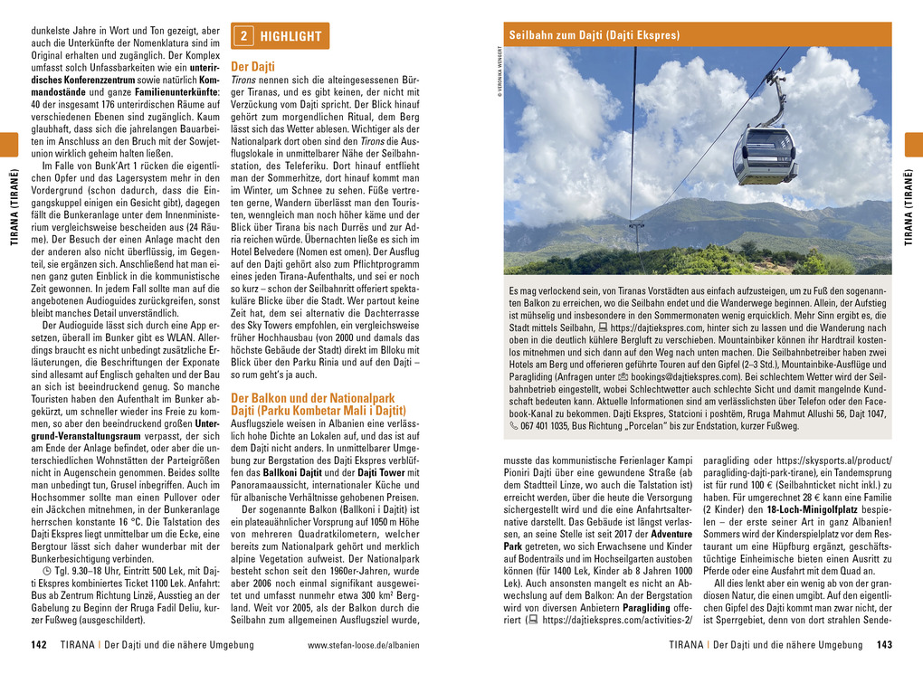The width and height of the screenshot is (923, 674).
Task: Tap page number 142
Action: coord(38,645)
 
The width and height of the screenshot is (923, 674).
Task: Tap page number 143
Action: coord(884,645)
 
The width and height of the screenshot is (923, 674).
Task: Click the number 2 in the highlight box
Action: coord(243,36)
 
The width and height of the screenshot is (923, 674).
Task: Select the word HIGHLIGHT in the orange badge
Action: coord(290,36)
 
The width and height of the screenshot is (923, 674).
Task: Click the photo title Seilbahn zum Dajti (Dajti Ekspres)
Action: coord(594,35)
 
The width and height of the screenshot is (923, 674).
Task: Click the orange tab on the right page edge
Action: coord(913,145)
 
